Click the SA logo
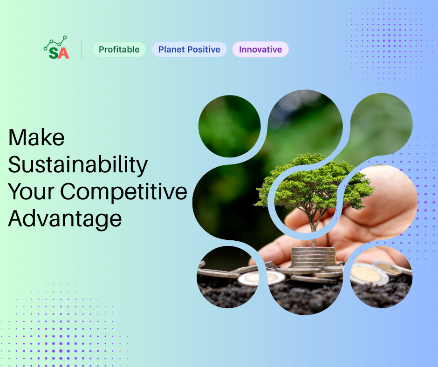[x=56, y=48]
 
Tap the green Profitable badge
[x=119, y=49]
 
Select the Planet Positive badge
[x=189, y=49]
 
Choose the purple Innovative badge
[x=260, y=49]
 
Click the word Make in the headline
[x=36, y=138]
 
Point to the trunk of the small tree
[x=314, y=233]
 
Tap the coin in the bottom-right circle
[x=369, y=275]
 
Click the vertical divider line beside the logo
[x=82, y=49]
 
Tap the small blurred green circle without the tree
[x=229, y=126]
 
